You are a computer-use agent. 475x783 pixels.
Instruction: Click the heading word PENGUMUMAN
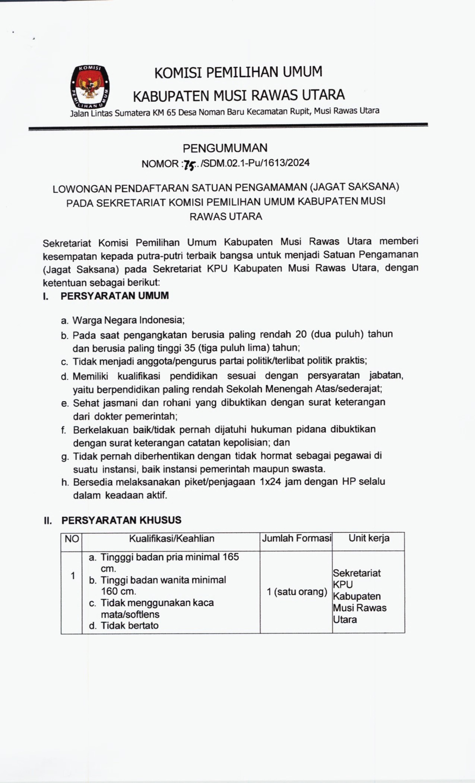tap(225, 148)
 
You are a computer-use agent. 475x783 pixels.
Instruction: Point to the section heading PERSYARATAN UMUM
tap(115, 296)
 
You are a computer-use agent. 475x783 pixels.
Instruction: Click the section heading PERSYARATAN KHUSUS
tap(121, 520)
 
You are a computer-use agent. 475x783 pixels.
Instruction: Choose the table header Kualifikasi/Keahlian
tap(172, 538)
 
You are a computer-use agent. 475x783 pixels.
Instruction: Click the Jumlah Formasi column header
tap(297, 538)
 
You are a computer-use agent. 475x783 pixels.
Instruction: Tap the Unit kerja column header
tap(369, 538)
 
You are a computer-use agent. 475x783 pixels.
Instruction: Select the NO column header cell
tap(72, 539)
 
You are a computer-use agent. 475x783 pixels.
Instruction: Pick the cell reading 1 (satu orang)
tap(297, 592)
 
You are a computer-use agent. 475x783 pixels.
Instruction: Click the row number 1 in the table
tap(73, 576)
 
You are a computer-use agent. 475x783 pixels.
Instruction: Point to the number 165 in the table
tap(231, 557)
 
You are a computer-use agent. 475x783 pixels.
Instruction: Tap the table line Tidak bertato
tap(130, 626)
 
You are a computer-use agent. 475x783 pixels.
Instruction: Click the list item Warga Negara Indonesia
tap(128, 320)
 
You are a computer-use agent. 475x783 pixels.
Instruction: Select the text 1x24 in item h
tap(270, 482)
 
